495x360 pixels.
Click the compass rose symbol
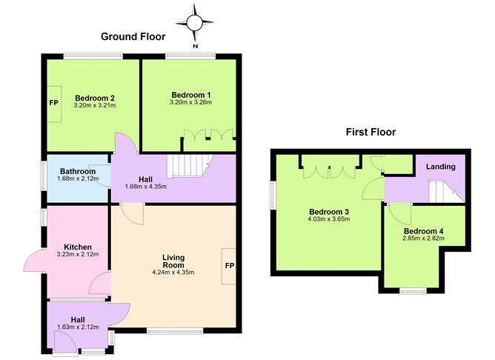[194, 23]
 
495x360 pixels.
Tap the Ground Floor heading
[133, 36]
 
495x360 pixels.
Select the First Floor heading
[371, 132]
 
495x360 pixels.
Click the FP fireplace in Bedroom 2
[54, 104]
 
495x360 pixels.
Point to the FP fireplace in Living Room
[229, 266]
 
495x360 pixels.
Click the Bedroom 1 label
[191, 95]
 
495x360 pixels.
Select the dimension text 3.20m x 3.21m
[95, 105]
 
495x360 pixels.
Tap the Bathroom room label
[78, 171]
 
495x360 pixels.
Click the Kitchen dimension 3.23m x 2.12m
[78, 254]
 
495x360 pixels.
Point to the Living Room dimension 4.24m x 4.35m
[173, 272]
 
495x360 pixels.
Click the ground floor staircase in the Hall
[190, 166]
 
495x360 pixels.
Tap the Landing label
[441, 167]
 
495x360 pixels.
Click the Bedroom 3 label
[328, 212]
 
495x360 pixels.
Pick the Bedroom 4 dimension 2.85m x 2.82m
[423, 239]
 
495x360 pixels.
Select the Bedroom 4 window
[413, 291]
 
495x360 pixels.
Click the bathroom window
[44, 176]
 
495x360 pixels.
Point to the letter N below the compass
[196, 47]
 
